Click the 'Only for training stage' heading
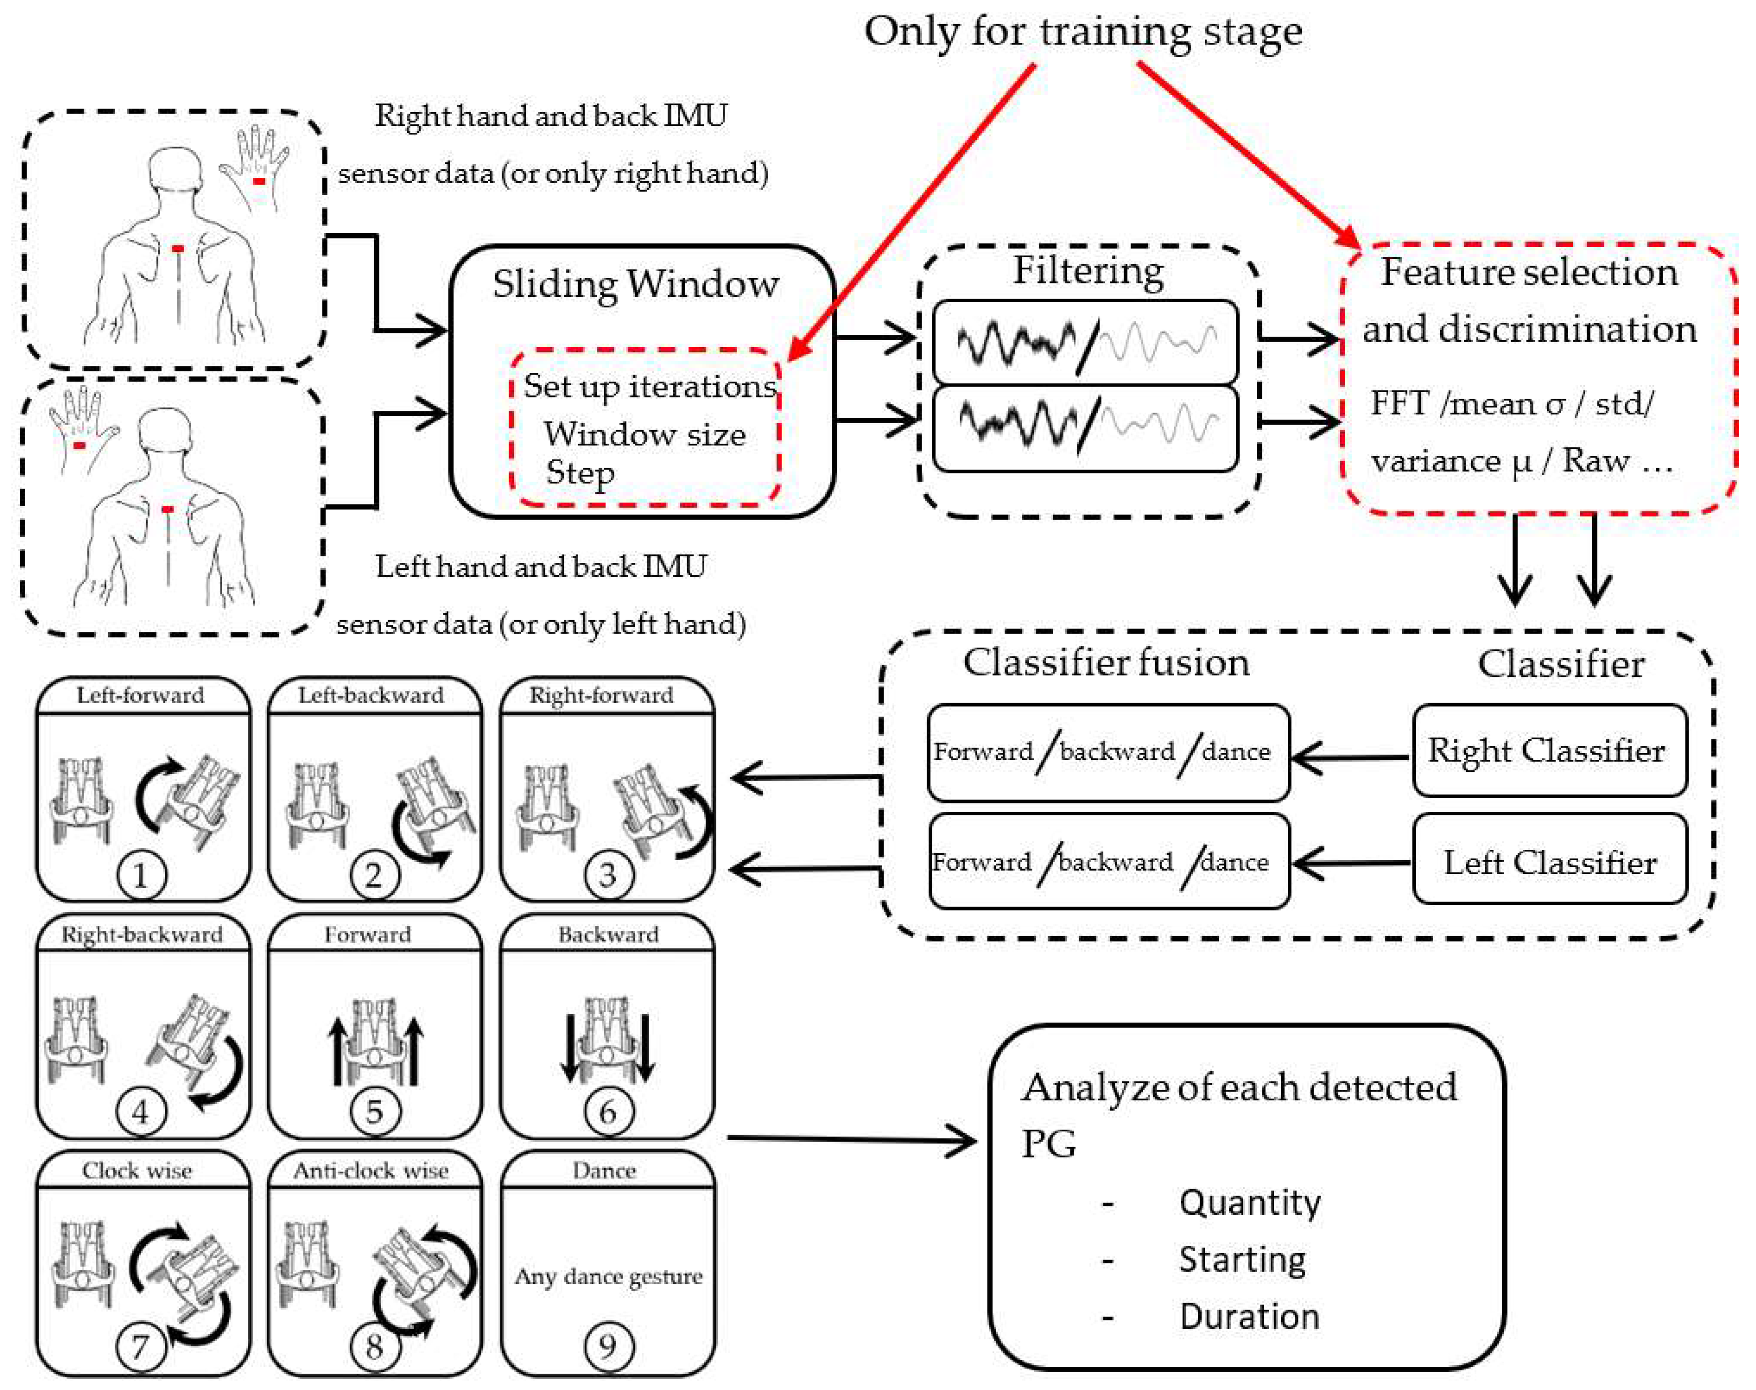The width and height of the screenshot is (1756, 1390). (x=1082, y=33)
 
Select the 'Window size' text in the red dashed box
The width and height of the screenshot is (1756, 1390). (x=644, y=434)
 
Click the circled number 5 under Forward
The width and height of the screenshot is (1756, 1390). (x=374, y=1112)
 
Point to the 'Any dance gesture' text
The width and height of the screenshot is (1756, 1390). (x=608, y=1276)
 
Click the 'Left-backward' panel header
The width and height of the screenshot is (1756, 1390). (x=371, y=696)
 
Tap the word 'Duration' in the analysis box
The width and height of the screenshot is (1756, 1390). (x=1249, y=1316)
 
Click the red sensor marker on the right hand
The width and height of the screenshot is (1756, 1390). (x=259, y=181)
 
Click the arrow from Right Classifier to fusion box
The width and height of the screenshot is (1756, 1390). (x=1351, y=757)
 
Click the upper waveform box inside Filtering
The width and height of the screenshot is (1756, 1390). (x=1085, y=342)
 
